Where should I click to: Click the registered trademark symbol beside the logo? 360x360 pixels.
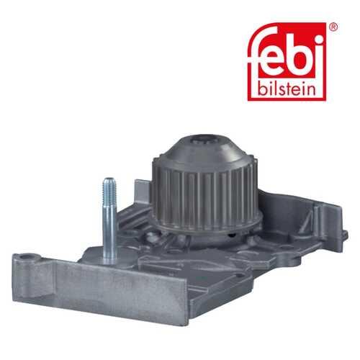pos(333,27)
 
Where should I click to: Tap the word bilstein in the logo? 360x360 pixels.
pos(287,89)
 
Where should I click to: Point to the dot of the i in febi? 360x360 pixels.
pos(318,38)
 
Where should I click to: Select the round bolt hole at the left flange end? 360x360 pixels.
pos(26,258)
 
